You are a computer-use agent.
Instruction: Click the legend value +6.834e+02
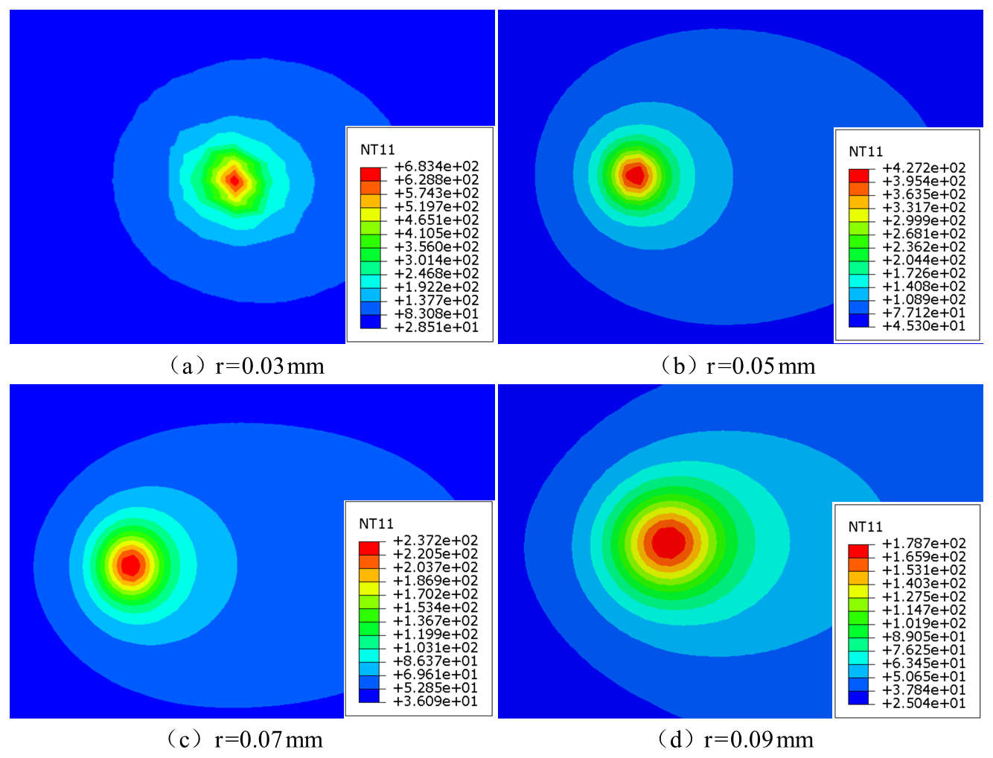tap(436, 166)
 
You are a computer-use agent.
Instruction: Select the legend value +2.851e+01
tap(436, 327)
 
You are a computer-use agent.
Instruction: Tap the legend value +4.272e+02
tap(923, 168)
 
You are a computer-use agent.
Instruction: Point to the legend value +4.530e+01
tap(923, 325)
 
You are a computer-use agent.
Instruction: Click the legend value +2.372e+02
tap(435, 540)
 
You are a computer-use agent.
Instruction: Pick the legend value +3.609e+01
tap(435, 701)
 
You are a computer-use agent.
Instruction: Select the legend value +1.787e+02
tap(923, 543)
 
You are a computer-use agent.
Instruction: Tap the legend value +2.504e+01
tap(923, 703)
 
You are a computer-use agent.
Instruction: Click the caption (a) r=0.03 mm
tap(246, 366)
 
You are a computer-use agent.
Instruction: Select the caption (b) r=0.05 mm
tap(737, 366)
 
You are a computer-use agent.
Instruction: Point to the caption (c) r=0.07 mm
tap(245, 739)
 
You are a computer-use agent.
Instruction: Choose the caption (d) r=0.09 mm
tap(735, 739)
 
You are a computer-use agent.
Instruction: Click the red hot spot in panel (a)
tap(235, 179)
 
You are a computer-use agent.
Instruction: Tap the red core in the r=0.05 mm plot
tap(635, 175)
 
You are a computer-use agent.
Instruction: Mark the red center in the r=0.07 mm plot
tap(131, 564)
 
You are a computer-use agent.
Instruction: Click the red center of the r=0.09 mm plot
tap(668, 542)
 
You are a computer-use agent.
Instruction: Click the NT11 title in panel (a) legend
tap(377, 150)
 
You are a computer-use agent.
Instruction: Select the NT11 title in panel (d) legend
tap(865, 526)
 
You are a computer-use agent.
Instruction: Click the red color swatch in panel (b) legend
tap(858, 175)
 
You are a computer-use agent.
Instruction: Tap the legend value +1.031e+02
tap(435, 647)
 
